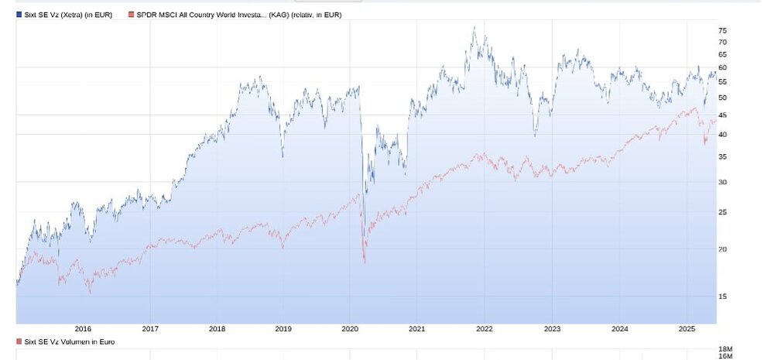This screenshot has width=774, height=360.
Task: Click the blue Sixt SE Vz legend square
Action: click(19, 15)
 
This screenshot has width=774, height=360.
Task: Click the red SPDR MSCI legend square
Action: click(131, 15)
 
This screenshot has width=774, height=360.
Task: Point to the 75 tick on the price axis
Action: click(722, 31)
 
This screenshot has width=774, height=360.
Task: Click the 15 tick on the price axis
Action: click(722, 297)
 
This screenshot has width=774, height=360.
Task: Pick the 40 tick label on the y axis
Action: click(722, 135)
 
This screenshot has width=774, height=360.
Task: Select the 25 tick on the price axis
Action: click(722, 212)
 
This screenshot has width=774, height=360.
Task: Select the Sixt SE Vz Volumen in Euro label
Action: click(65, 341)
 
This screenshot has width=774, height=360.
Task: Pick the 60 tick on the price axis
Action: click(722, 68)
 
